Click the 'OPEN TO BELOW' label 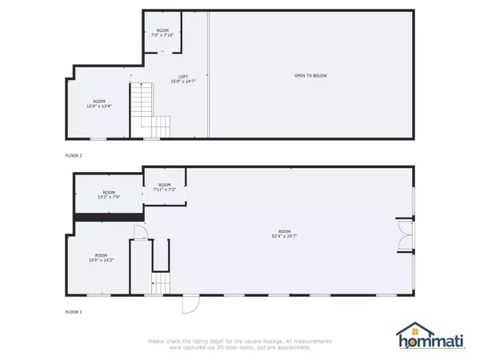pyautogui.click(x=310, y=76)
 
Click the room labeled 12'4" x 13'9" pyautogui.click(x=99, y=104)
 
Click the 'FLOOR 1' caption pyautogui.click(x=74, y=311)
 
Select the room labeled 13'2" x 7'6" pyautogui.click(x=107, y=194)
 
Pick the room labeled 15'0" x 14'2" pyautogui.click(x=101, y=258)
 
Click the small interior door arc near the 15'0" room pyautogui.click(x=138, y=233)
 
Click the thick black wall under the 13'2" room pyautogui.click(x=108, y=216)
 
